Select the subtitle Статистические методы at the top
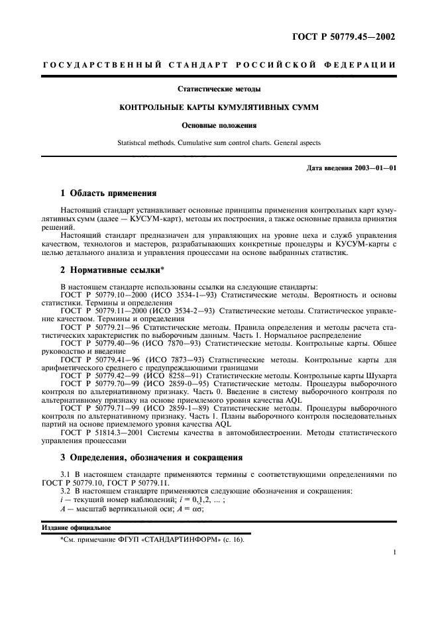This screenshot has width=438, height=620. (219, 89)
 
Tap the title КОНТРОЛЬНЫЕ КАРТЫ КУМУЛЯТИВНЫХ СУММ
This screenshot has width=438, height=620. (219, 106)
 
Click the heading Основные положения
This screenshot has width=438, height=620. (219, 124)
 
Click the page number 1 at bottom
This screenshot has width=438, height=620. (394, 570)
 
